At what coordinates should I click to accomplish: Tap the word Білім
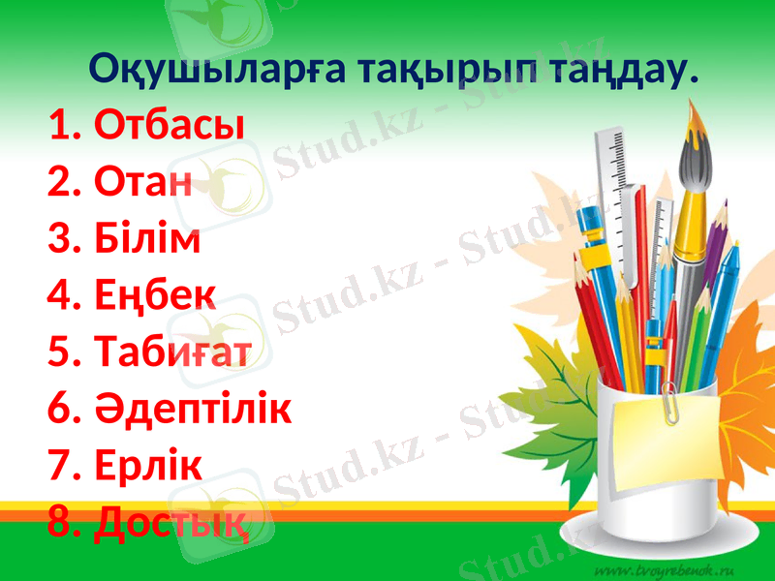tap(148, 238)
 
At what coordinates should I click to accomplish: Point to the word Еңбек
tap(156, 296)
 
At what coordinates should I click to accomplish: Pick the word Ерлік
tap(149, 467)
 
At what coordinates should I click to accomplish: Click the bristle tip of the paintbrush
tap(696, 131)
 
